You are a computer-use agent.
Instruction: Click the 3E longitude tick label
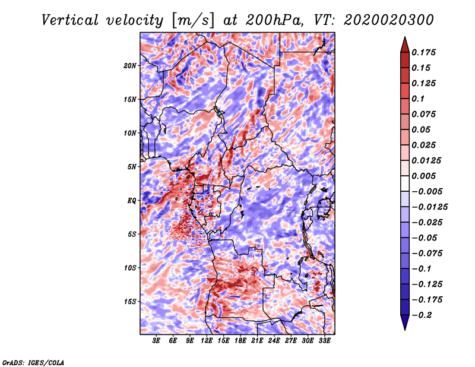157,341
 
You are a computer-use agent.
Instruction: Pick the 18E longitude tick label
240,341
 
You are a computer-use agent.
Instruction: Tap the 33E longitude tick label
324,341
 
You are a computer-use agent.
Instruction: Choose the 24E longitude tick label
274,341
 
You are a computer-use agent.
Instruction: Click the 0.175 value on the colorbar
426,52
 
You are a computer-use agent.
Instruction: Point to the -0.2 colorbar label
423,315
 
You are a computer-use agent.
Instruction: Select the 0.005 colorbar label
426,176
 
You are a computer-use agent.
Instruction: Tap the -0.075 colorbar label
428,253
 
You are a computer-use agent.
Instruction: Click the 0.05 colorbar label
422,129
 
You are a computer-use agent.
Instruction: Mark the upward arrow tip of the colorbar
404,38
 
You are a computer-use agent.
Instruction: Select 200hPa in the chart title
270,20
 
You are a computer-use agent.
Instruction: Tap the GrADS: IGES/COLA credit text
33,362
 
